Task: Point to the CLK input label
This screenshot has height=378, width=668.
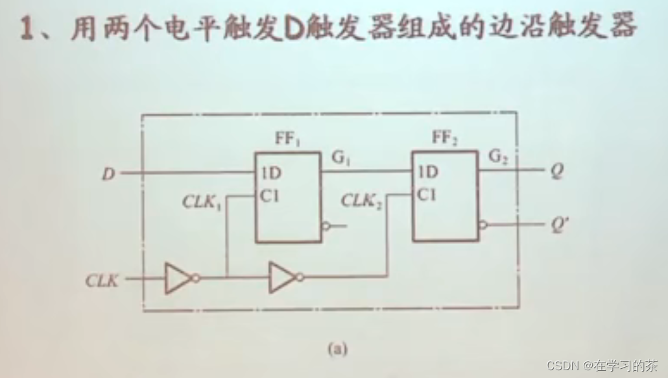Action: click(102, 281)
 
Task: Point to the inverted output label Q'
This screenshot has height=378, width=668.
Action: click(558, 225)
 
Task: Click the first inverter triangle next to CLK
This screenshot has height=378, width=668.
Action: click(176, 277)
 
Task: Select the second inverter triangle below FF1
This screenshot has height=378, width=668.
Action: click(282, 277)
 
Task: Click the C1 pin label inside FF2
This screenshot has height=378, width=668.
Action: click(428, 194)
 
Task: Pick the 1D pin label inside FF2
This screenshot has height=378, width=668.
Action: click(428, 173)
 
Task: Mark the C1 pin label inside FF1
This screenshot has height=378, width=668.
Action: click(270, 194)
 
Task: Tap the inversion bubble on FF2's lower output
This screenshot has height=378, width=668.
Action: click(483, 225)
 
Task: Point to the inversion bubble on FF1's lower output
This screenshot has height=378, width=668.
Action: click(326, 226)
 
